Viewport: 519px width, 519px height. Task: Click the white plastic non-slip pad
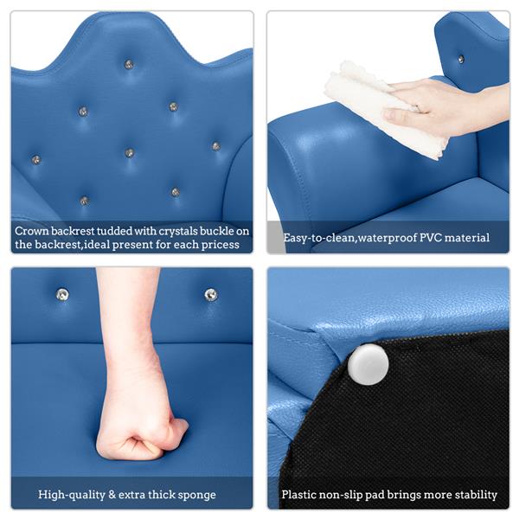tap(368, 364)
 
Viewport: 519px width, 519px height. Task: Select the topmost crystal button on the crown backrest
tap(129, 65)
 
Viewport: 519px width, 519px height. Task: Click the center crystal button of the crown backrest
tap(130, 152)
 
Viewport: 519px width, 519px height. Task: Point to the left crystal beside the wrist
tap(62, 294)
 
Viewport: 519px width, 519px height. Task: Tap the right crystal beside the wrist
tap(210, 294)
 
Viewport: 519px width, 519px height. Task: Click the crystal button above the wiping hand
tap(461, 59)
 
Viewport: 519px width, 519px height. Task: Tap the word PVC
tap(430, 238)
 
